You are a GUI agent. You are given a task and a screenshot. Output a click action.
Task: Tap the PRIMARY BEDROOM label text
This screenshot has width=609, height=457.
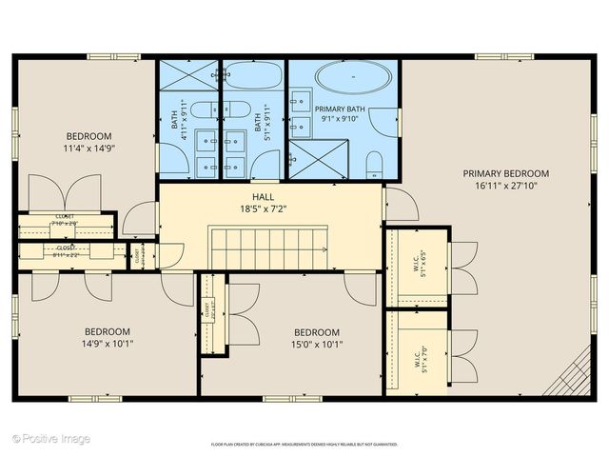506,173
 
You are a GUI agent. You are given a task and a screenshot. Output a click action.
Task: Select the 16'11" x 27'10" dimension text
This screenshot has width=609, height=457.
506,187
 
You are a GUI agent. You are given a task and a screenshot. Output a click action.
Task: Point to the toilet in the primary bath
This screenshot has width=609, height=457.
374,169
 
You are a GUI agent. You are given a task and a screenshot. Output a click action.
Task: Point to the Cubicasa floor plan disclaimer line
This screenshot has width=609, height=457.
304,445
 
